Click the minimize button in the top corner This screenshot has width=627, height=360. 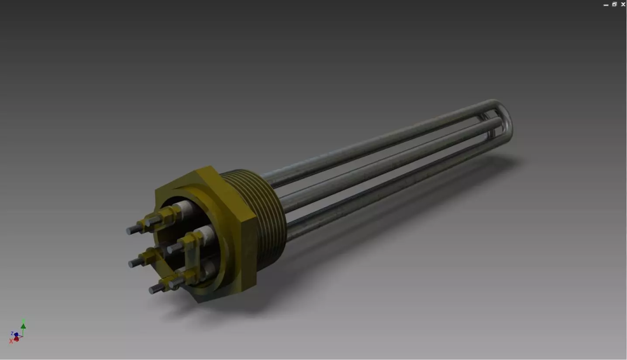tap(606, 5)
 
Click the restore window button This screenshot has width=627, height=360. tap(614, 4)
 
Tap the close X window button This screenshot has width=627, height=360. tap(623, 4)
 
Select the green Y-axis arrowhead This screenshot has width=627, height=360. tap(23, 326)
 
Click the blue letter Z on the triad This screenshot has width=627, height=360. tap(12, 333)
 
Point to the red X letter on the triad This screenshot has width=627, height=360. tap(11, 341)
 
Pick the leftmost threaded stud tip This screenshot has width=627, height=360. tap(129, 231)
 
